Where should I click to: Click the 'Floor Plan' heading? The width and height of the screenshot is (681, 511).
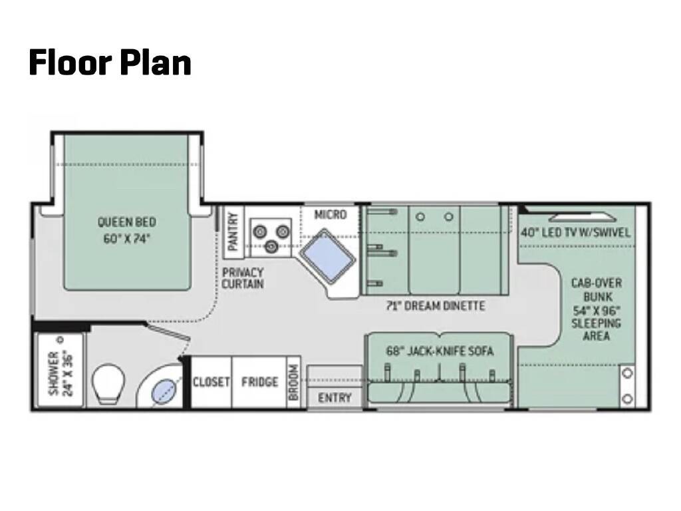(110, 63)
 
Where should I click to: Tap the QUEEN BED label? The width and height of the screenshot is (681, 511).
(126, 222)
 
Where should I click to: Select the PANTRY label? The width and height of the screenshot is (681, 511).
(233, 232)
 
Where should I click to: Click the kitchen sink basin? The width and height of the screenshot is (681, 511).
(328, 256)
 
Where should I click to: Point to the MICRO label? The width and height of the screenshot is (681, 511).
(331, 214)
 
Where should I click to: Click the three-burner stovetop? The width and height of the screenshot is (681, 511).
(271, 238)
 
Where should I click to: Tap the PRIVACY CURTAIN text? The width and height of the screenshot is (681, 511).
(243, 278)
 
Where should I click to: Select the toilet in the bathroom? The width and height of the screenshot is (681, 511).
(108, 383)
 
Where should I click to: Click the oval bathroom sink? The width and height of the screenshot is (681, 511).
(164, 391)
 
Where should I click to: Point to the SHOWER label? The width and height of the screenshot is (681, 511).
(61, 374)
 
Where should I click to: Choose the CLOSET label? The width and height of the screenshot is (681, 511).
(211, 382)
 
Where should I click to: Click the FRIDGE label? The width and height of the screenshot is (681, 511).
(260, 382)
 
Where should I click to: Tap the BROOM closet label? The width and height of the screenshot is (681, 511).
(293, 383)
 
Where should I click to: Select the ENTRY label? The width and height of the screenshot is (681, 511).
(335, 398)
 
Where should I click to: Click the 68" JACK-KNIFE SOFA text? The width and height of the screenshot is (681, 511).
(440, 351)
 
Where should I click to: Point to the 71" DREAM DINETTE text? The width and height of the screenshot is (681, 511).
(436, 306)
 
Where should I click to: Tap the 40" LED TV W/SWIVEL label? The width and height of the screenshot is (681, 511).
(575, 232)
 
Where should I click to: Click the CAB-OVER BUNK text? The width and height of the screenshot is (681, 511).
(597, 290)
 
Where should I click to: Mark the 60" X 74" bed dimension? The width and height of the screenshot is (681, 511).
(126, 239)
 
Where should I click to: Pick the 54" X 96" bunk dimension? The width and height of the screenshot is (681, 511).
(596, 310)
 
